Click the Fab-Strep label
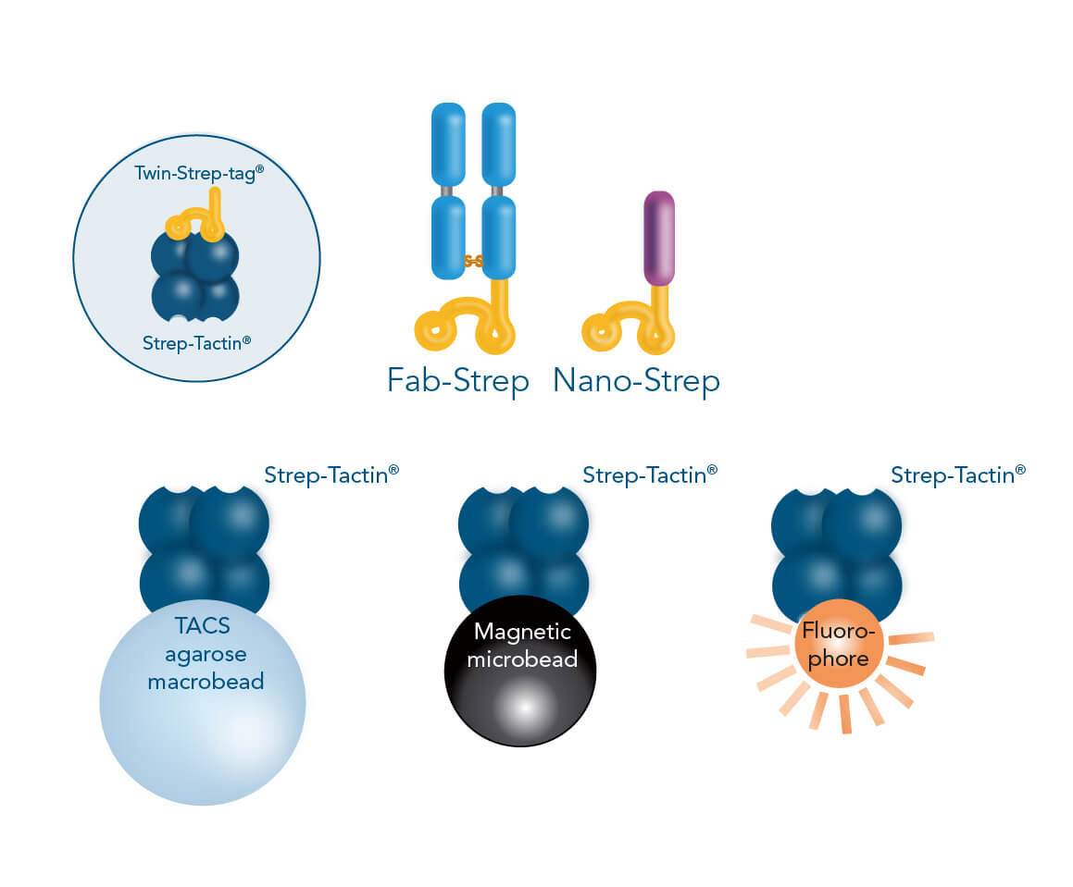pos(457,380)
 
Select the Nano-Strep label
pos(636,380)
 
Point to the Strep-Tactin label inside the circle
pos(197,342)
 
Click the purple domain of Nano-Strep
pos(659,238)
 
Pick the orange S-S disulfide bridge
pos(473,262)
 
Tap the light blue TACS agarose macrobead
pos(202,721)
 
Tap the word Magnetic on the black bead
pos(522,633)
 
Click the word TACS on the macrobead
pos(202,626)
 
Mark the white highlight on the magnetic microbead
pos(522,707)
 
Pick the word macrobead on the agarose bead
pos(202,682)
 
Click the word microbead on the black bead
pos(522,659)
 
